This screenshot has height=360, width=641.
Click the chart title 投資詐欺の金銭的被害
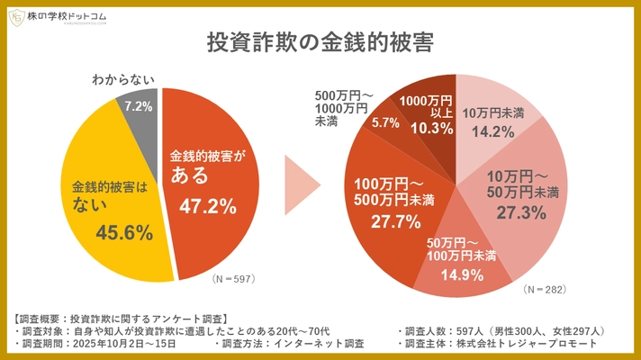[x=320, y=43]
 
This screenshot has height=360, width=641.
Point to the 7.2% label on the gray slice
[x=137, y=107]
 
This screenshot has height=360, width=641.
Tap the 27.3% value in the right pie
[x=523, y=212]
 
